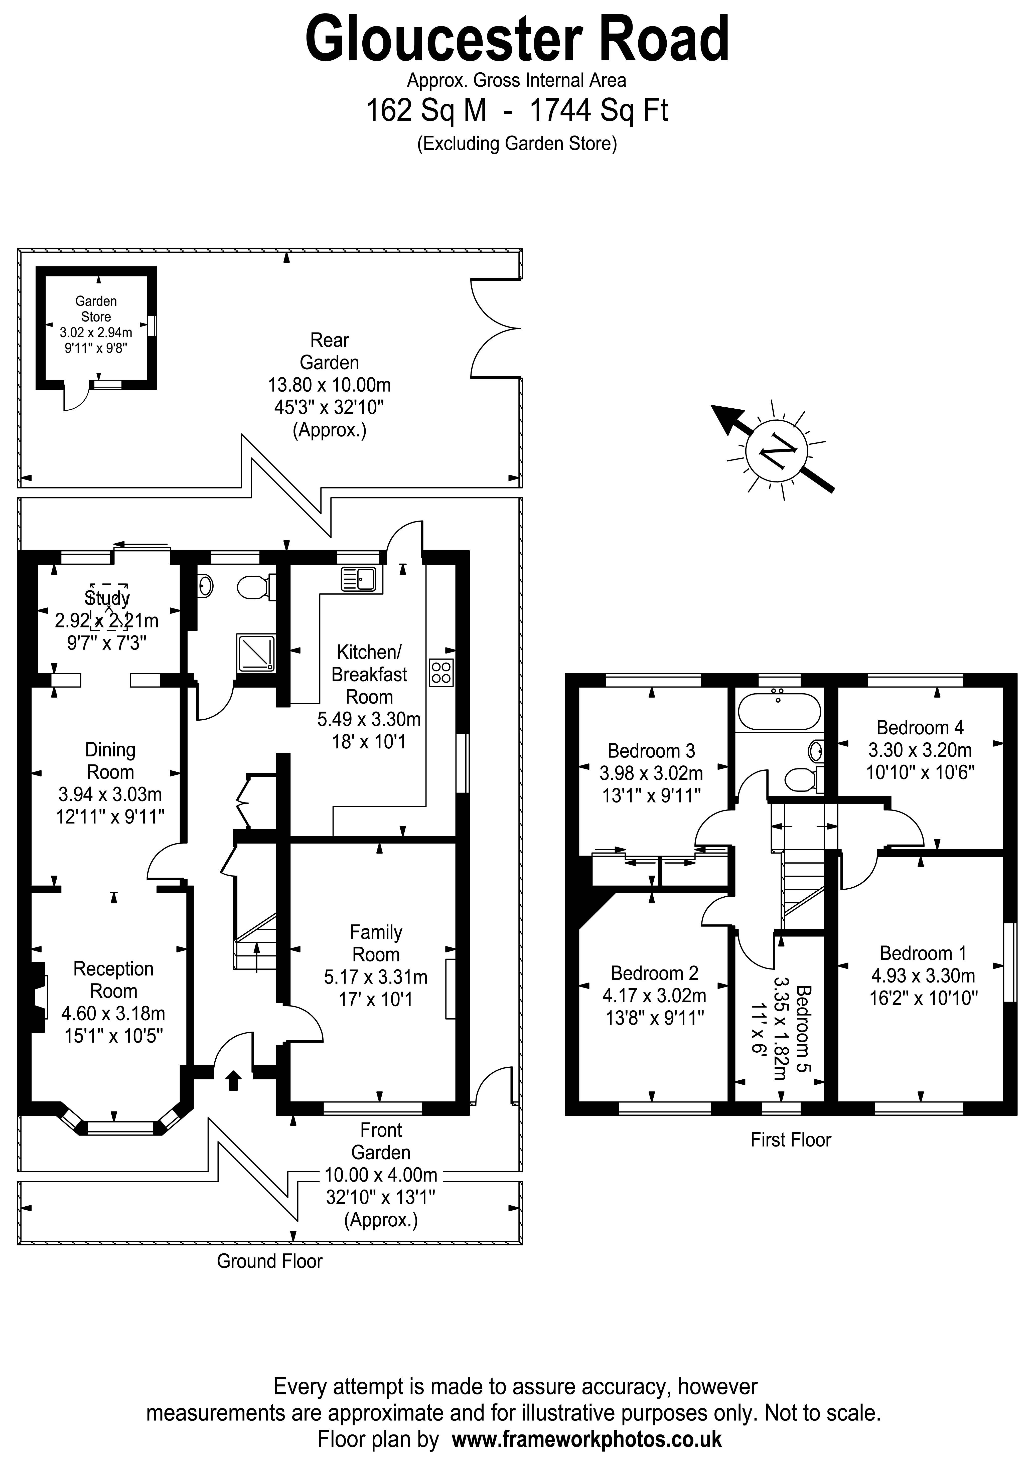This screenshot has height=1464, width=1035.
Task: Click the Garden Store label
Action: (96, 309)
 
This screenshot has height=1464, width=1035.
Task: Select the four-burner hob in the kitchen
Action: (441, 672)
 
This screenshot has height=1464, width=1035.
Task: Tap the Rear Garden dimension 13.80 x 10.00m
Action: (329, 385)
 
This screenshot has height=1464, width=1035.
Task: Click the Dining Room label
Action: (110, 761)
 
